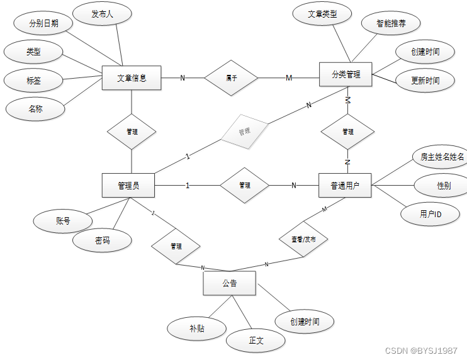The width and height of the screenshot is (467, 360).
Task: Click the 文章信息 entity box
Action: click(132, 78)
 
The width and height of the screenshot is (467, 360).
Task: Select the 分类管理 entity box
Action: click(346, 75)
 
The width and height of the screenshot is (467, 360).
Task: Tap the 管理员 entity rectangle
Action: click(128, 186)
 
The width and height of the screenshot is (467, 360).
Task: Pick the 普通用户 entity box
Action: click(346, 186)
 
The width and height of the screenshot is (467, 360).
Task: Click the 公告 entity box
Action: click(229, 283)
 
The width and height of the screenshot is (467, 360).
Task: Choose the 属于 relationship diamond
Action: click(232, 78)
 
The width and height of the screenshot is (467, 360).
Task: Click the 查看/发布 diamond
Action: click(303, 239)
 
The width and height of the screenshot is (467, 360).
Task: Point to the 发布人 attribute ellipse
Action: click(102, 14)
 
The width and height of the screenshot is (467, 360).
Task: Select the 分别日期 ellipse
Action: click(43, 23)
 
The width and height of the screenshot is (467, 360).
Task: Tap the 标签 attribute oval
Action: click(33, 81)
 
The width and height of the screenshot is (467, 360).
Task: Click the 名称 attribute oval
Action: click(35, 109)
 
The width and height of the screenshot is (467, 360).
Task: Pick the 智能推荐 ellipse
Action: click(391, 23)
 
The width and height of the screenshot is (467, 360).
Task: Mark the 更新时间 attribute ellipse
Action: click(425, 81)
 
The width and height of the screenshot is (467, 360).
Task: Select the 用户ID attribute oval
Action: click(430, 214)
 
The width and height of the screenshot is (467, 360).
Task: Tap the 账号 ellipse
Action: click(63, 221)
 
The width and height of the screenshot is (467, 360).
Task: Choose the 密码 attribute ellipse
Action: click(102, 240)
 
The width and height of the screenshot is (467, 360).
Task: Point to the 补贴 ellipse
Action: click(196, 328)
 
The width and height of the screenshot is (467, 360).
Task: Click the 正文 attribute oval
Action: click(256, 340)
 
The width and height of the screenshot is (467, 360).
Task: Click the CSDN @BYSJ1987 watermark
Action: click(420, 351)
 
